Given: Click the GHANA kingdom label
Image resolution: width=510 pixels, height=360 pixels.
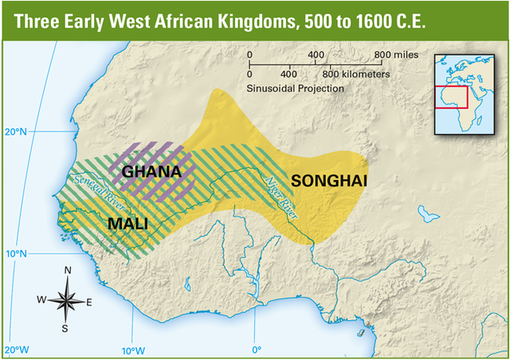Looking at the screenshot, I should tap(151, 170).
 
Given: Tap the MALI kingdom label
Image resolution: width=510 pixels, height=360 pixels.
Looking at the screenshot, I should tap(127, 224).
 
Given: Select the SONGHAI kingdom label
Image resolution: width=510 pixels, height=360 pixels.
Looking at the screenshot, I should tap(329, 181).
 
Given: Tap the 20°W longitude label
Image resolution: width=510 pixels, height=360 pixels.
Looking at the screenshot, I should tap(17, 350).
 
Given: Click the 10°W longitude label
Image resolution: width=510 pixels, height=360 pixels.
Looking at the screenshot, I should tap(133, 350).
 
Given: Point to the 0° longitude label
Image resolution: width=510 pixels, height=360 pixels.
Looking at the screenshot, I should tap(257, 350).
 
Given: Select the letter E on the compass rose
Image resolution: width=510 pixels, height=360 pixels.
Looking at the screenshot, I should tap(89, 302).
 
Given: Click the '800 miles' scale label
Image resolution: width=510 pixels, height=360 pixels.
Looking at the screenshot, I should tap(393, 54).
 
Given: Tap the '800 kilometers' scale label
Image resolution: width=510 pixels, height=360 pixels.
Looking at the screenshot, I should tap(355, 73).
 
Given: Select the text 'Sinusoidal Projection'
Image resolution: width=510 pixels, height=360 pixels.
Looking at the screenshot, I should tap(296, 88).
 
